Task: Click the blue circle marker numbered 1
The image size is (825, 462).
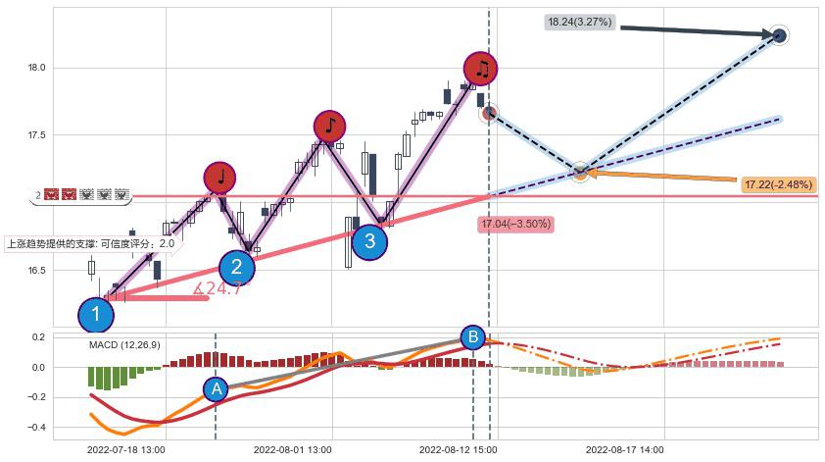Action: [96, 315]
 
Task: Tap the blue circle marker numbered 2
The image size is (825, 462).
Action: [236, 267]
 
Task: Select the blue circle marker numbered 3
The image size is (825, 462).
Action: [368, 241]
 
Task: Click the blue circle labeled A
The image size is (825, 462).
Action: [217, 389]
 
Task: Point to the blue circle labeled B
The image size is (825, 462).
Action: [472, 337]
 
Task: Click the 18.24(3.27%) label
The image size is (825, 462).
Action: [580, 21]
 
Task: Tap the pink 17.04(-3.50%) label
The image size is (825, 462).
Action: [515, 225]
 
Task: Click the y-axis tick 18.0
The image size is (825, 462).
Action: [37, 68]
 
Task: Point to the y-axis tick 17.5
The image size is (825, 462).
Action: [37, 135]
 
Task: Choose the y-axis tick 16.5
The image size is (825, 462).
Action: [37, 271]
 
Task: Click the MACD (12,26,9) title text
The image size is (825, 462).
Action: [124, 345]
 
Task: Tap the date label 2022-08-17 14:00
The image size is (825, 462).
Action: [625, 449]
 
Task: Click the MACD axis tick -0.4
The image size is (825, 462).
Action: [35, 428]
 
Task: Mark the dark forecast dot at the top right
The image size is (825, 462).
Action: [779, 35]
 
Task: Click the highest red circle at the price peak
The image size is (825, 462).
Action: [480, 68]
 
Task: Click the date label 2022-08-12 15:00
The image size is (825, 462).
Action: [458, 449]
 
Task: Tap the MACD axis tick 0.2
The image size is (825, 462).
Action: [37, 337]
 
